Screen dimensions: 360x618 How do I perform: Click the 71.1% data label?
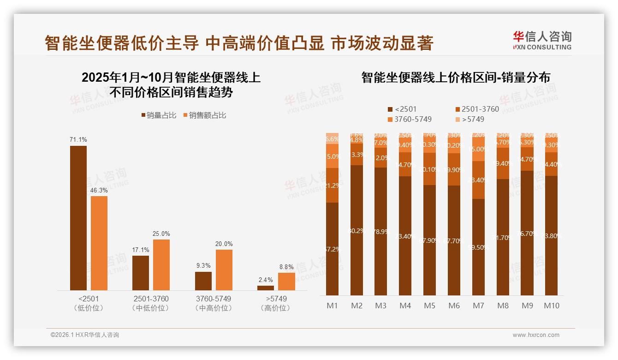pos(78,139)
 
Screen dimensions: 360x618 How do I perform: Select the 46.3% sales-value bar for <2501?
pos(99,243)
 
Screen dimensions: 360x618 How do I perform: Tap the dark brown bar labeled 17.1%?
pos(141,273)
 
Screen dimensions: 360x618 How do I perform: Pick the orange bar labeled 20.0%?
pos(224,270)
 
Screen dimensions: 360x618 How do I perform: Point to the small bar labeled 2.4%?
pos(266,288)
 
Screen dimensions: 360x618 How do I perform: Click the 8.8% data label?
pos(286,267)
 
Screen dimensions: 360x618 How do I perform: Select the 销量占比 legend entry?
pos(158,115)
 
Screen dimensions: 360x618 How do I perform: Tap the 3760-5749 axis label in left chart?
pos(214,299)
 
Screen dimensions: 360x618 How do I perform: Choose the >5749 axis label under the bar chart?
pos(276,299)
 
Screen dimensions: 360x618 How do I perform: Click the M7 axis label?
pos(478,306)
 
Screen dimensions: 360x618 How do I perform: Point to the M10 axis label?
pos(551,306)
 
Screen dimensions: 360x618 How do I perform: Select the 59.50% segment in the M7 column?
pos(478,247)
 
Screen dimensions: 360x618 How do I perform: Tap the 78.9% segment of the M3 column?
pos(381,231)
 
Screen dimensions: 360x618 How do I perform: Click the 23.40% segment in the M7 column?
pos(478,180)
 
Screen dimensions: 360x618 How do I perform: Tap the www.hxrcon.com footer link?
pos(535,335)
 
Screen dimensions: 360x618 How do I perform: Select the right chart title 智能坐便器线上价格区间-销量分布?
pos(455,78)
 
